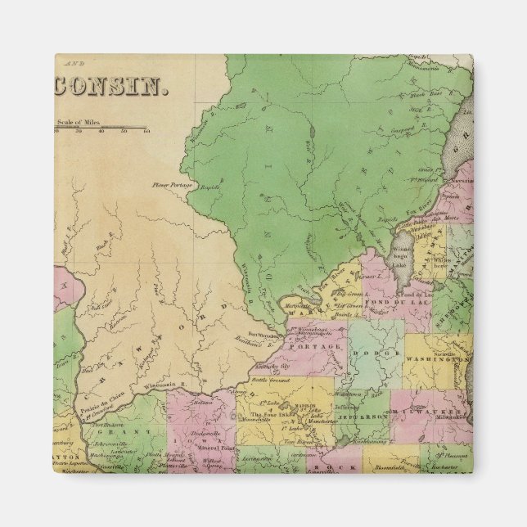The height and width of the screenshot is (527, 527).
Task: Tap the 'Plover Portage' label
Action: (x=169, y=185)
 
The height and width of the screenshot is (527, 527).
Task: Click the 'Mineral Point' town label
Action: (x=207, y=450)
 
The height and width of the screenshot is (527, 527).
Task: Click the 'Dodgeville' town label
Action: (x=200, y=434)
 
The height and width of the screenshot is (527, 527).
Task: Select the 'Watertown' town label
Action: (x=348, y=395)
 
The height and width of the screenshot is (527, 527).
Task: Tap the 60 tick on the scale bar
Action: (x=146, y=130)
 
